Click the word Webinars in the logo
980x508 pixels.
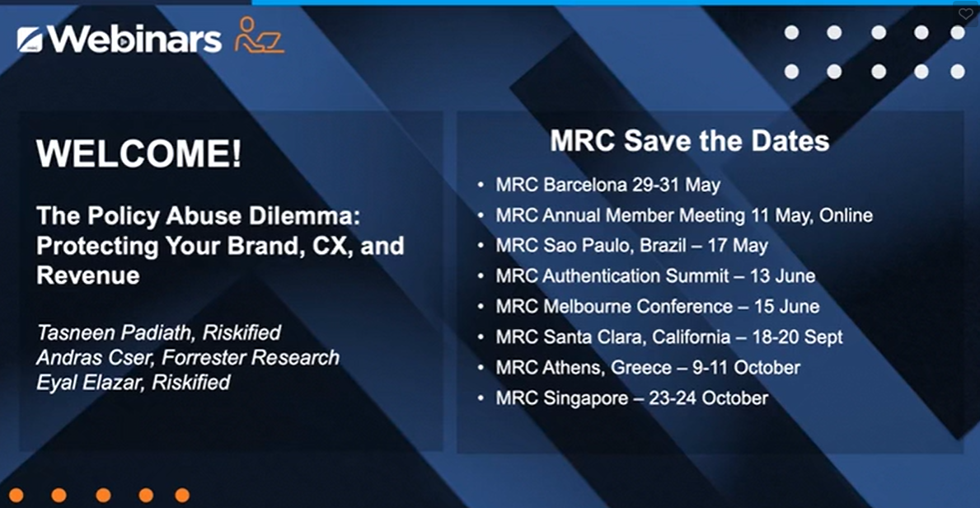(134, 40)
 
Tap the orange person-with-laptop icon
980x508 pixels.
(260, 35)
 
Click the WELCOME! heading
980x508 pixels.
(138, 153)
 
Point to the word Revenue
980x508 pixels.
(88, 275)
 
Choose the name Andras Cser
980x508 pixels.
(91, 357)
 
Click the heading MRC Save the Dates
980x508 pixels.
(690, 141)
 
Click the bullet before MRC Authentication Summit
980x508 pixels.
(481, 276)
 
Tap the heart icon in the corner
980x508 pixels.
(965, 14)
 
